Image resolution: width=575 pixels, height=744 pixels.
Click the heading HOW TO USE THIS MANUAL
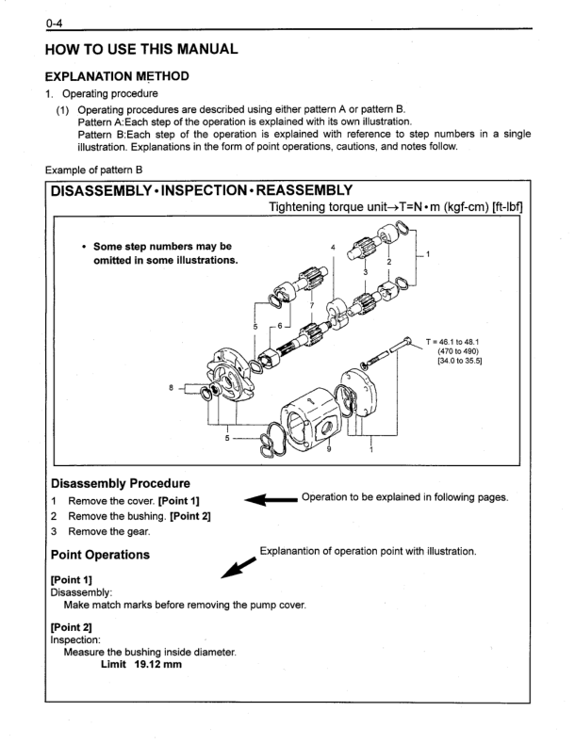(150, 45)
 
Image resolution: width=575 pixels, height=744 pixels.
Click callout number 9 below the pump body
(328, 451)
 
